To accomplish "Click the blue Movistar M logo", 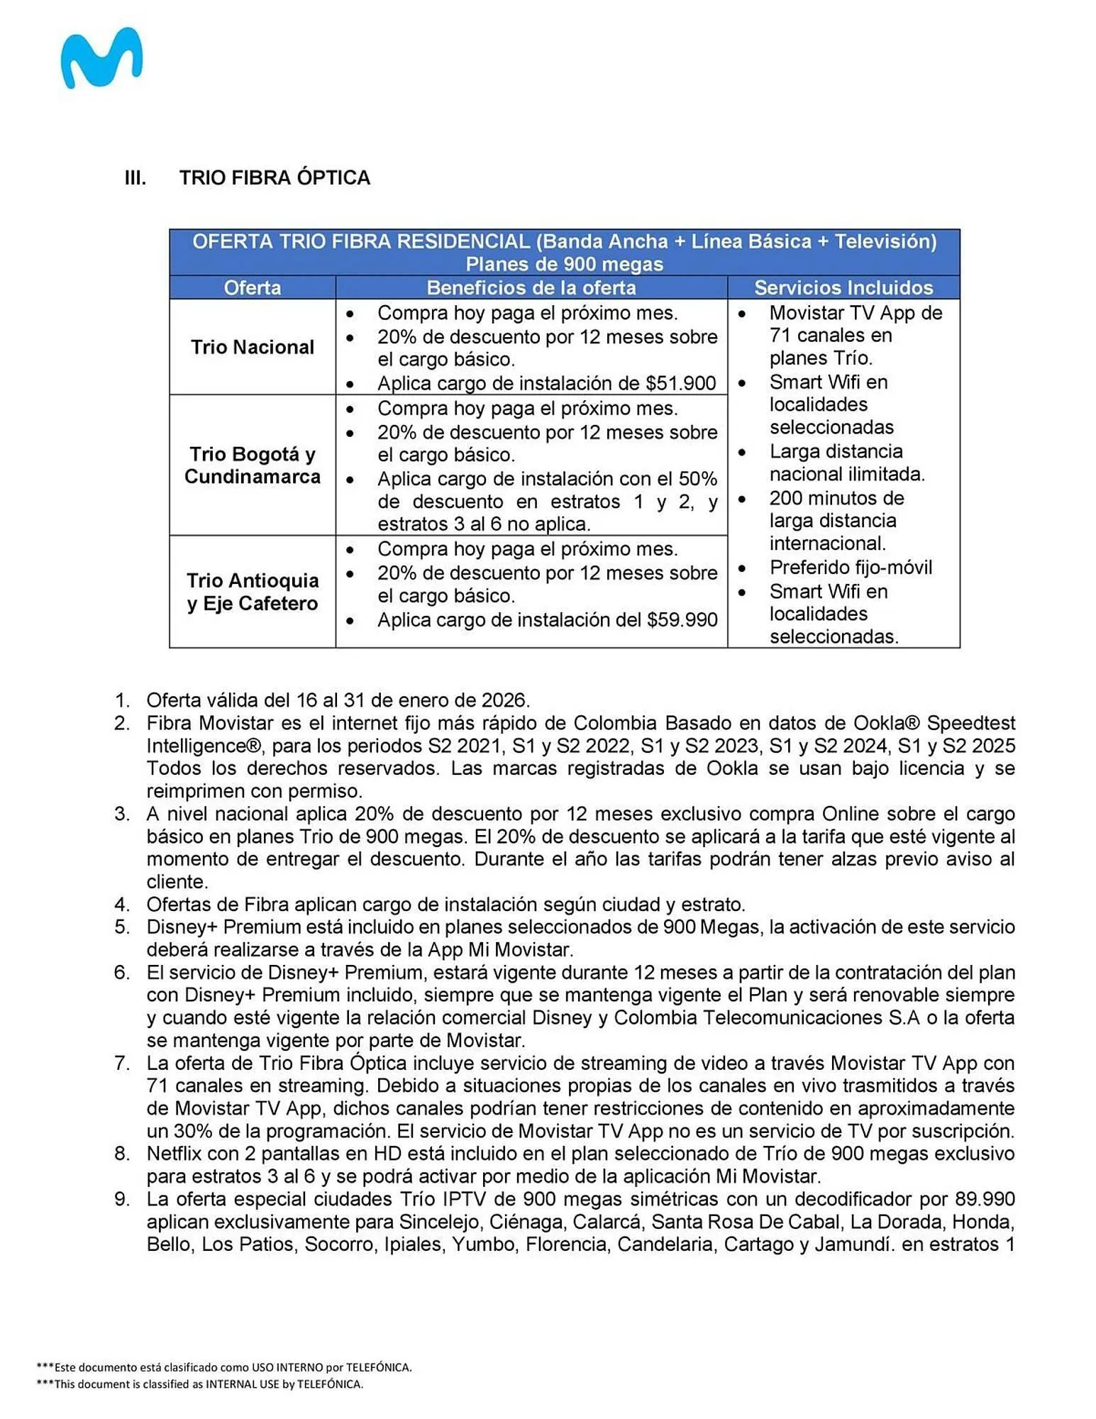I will coord(101,59).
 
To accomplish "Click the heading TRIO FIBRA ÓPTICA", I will coord(275,177).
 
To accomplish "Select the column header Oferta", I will coord(252,287).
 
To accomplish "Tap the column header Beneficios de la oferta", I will coord(531,287).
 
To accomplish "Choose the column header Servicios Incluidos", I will coord(843,287).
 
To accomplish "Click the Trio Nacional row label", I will coord(252,347).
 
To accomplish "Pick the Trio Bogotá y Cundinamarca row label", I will coord(252,465).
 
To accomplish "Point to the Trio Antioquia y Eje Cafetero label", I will coord(252,592).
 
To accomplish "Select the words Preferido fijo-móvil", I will coord(850,568).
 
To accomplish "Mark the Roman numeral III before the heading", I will coord(135,177).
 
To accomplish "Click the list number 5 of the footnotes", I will coord(122,927).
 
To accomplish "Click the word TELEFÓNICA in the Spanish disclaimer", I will coord(378,1367).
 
